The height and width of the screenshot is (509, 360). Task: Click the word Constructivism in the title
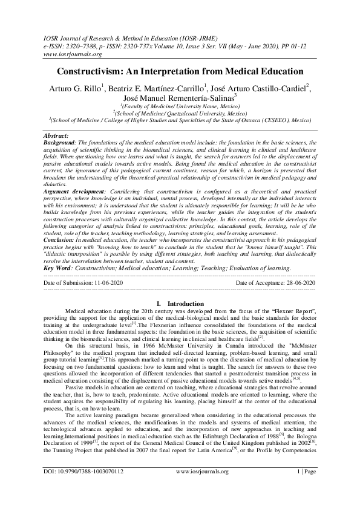coord(91,71)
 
